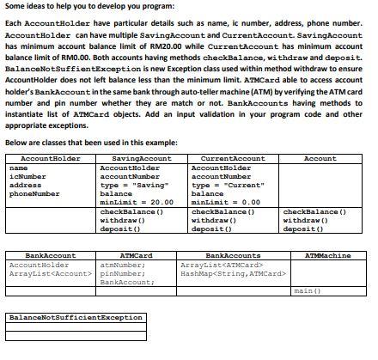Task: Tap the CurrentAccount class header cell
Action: click(x=232, y=159)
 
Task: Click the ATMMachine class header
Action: click(x=327, y=255)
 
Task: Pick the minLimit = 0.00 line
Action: click(x=225, y=201)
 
